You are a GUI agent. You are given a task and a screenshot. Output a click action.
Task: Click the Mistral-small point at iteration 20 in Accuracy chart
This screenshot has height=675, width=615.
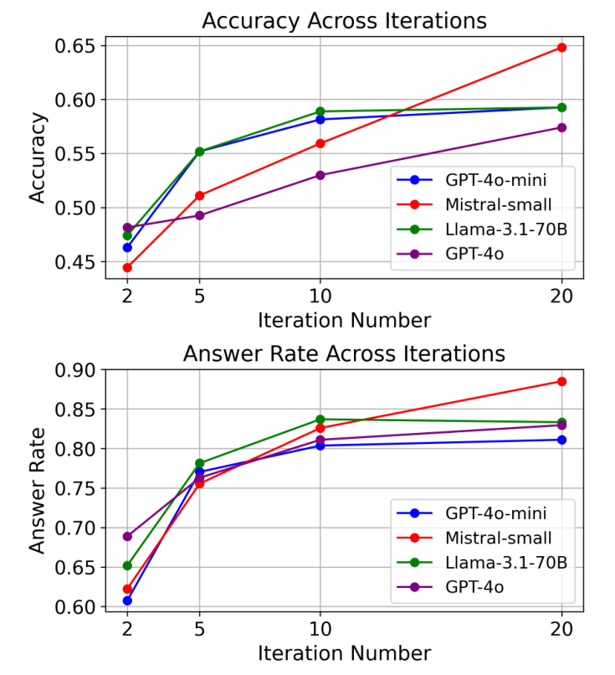coord(561,48)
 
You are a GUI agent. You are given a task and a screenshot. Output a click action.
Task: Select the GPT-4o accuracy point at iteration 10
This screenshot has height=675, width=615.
coord(320,175)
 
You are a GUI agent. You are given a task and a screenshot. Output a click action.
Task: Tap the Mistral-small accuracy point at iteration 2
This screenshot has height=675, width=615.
coord(127,268)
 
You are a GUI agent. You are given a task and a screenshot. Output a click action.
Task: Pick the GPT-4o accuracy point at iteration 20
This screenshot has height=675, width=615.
coord(561,127)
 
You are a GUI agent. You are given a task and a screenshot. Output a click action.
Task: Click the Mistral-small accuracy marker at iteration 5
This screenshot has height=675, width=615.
coord(199,196)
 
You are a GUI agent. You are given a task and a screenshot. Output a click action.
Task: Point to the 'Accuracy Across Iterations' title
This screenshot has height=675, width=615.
coord(344,20)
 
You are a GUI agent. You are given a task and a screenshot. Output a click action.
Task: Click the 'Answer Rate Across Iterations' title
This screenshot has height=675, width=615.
coord(344,353)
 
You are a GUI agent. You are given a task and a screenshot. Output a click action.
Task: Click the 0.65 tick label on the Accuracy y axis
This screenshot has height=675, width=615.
coord(74,45)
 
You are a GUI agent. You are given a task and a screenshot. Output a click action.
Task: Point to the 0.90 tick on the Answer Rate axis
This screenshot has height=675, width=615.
coord(74,370)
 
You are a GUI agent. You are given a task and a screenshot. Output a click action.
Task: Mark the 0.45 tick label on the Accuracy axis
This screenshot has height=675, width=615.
coord(74,262)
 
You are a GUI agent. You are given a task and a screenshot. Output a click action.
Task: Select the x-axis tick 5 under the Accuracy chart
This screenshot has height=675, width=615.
coord(199,296)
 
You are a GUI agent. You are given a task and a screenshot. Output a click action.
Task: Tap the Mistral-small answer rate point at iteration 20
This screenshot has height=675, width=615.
coord(561,381)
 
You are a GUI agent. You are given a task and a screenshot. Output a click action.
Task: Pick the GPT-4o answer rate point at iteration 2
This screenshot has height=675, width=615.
coord(127,536)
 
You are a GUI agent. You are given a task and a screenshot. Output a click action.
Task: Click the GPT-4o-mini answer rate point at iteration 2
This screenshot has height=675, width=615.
coord(127,600)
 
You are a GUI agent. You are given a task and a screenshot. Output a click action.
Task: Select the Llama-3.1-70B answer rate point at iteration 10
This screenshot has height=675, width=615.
coord(320,419)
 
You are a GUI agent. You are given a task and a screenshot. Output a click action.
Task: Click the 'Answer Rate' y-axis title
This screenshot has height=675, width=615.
coord(38,488)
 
